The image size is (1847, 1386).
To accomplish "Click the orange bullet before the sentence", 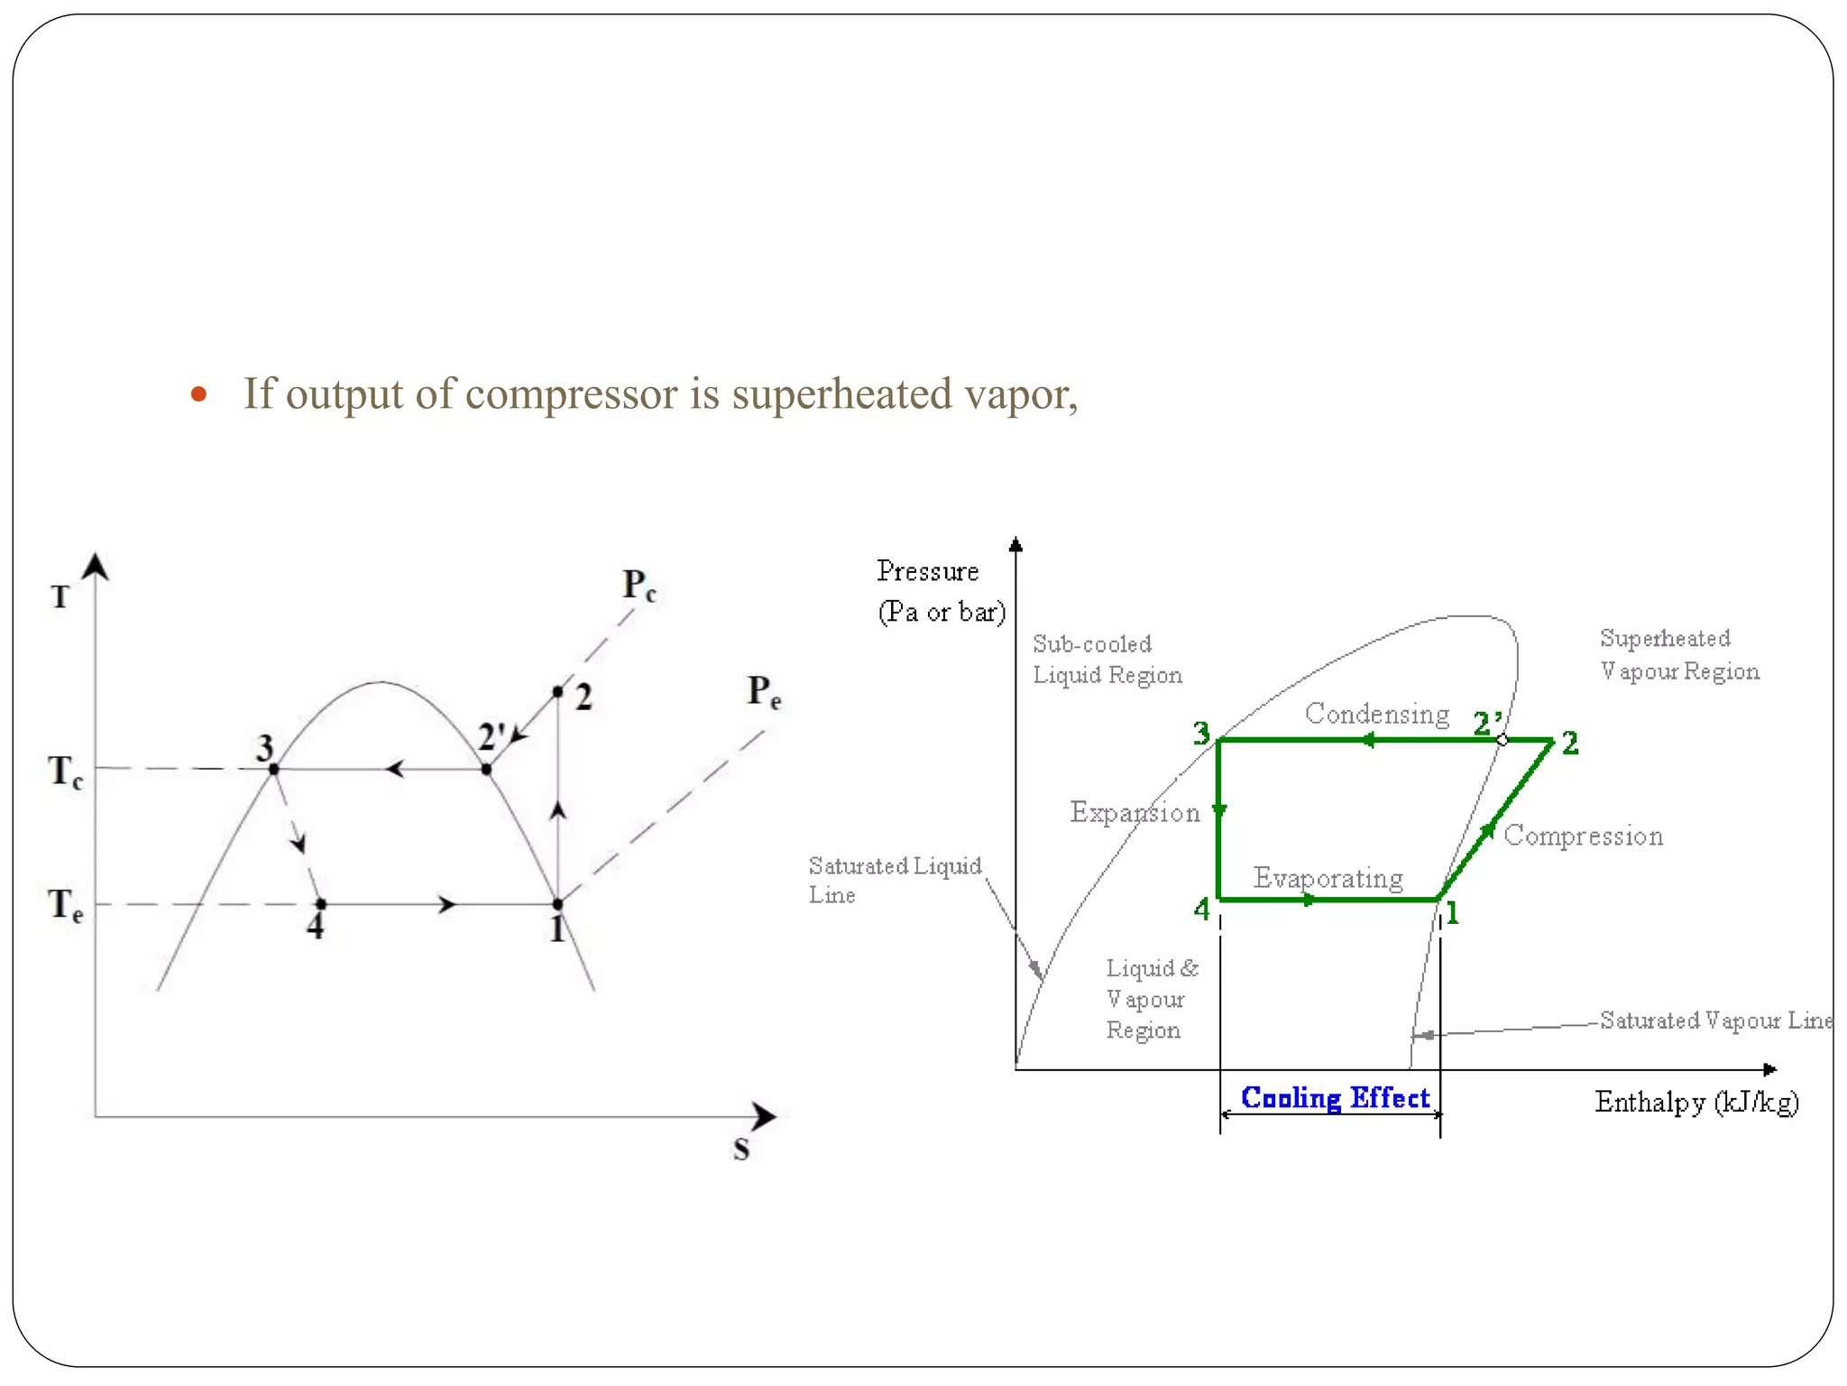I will pos(199,395).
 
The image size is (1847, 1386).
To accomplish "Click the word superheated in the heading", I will pos(841,394).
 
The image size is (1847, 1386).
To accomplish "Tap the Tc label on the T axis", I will pos(65,772).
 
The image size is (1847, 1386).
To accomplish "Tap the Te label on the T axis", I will pos(65,904).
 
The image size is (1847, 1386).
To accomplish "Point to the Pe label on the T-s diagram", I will pos(763,692).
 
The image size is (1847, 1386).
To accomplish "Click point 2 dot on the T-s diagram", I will pos(557,692).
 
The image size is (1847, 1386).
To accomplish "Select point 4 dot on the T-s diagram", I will pos(321,903).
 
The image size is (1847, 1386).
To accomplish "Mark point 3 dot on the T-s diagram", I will pos(274,769).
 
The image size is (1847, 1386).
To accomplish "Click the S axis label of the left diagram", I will pos(740,1150).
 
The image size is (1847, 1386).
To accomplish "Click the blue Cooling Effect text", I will pos(1335,1098).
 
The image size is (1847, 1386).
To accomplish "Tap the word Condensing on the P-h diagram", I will pos(1376,714).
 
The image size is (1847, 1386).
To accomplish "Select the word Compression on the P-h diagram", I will pos(1583,836).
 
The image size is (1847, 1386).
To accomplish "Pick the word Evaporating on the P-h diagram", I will pos(1328,878).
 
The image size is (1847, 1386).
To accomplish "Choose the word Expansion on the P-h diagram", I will pos(1135,812).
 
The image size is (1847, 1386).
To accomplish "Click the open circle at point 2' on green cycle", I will pos(1502,740).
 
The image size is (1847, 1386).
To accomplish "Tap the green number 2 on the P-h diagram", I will pos(1570,744).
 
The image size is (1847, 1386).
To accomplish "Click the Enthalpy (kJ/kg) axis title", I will pos(1695,1103).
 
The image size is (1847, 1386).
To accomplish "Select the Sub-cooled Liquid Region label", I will pos(1107,660).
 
